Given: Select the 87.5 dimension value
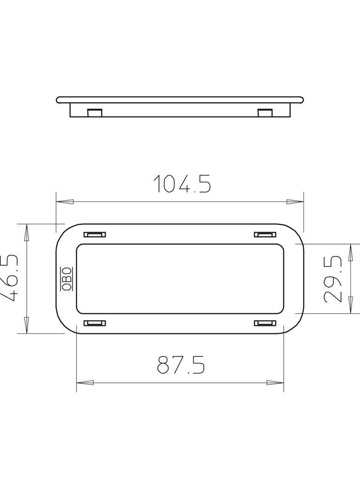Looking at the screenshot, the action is (181, 364).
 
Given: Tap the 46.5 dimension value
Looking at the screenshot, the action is (8, 278).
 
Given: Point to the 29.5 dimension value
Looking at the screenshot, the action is (333, 279).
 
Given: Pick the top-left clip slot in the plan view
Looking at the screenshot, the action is (95, 234).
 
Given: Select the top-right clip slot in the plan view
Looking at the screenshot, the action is (265, 234).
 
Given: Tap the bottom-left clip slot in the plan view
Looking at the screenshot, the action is (95, 323).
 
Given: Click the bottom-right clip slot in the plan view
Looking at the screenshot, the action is (265, 323).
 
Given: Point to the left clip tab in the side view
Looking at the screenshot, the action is (94, 113).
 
